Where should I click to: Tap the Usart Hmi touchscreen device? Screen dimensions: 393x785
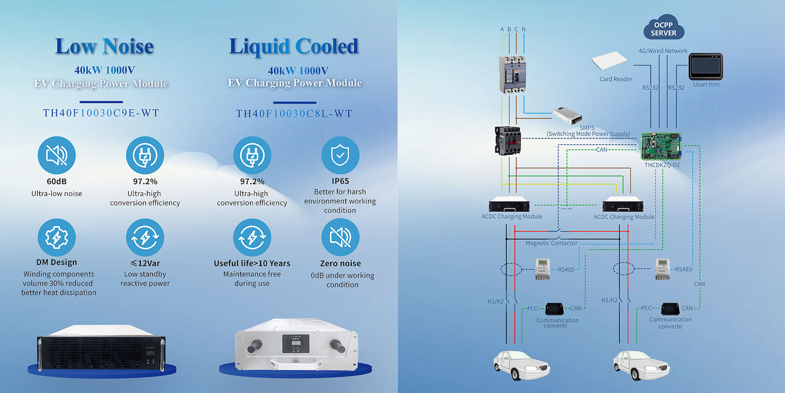705,66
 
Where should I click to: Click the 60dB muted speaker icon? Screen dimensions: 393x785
57,156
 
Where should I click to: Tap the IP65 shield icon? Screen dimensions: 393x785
340,156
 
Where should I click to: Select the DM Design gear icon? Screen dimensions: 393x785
57,238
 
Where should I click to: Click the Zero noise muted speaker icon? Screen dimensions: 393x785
340,238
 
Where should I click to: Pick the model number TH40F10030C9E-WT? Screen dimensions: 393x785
101,113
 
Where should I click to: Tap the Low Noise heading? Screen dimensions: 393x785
104,47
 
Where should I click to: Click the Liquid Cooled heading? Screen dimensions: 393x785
294,47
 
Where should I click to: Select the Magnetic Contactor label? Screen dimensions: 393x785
551,243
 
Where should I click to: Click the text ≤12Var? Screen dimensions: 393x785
145,263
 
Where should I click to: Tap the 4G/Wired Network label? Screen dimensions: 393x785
663,51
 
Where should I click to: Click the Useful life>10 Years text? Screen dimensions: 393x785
252,263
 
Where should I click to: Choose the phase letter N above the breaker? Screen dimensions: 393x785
524,29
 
